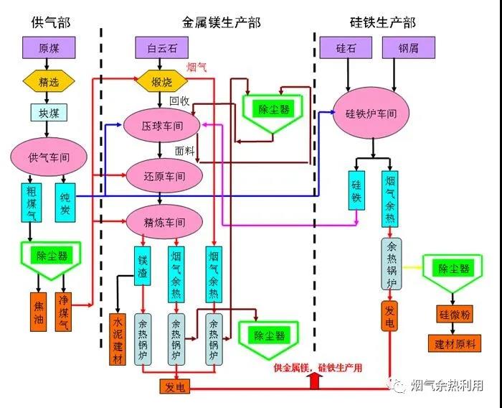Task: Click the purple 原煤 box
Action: coord(48,49)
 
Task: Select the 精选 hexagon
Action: coord(48,80)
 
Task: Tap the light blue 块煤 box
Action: coord(48,112)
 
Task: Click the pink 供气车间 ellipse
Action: coord(48,156)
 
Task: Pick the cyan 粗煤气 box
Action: coord(30,202)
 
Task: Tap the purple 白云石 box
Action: coord(161,49)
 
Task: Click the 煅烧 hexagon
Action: coord(161,80)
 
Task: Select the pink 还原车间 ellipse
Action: coord(161,175)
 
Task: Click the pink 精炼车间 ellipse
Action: coord(161,222)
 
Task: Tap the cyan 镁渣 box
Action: coord(142,265)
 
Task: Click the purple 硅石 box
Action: coord(348,49)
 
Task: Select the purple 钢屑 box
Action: coord(400,49)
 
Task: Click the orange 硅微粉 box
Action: coord(453,315)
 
